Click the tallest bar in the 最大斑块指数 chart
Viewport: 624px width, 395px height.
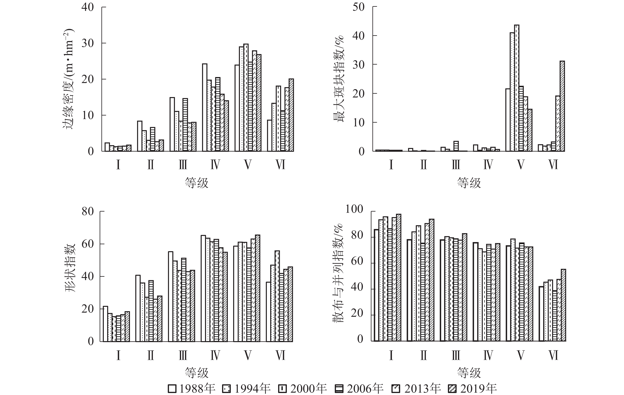tap(516, 88)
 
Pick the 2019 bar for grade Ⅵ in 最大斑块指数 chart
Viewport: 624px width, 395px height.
tap(562, 106)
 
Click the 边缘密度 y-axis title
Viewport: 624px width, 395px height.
tap(68, 79)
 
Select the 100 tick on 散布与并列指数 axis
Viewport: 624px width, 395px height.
tap(354, 209)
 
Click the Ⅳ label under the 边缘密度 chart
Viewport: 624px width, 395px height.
tap(215, 165)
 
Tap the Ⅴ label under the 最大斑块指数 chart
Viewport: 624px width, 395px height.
tap(521, 165)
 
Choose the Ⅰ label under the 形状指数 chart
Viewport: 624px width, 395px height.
tap(118, 355)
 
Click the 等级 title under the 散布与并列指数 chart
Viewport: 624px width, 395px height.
tap(469, 373)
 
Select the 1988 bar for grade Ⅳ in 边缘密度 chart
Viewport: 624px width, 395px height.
tap(205, 108)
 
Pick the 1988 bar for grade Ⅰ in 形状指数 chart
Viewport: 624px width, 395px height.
tap(105, 324)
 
